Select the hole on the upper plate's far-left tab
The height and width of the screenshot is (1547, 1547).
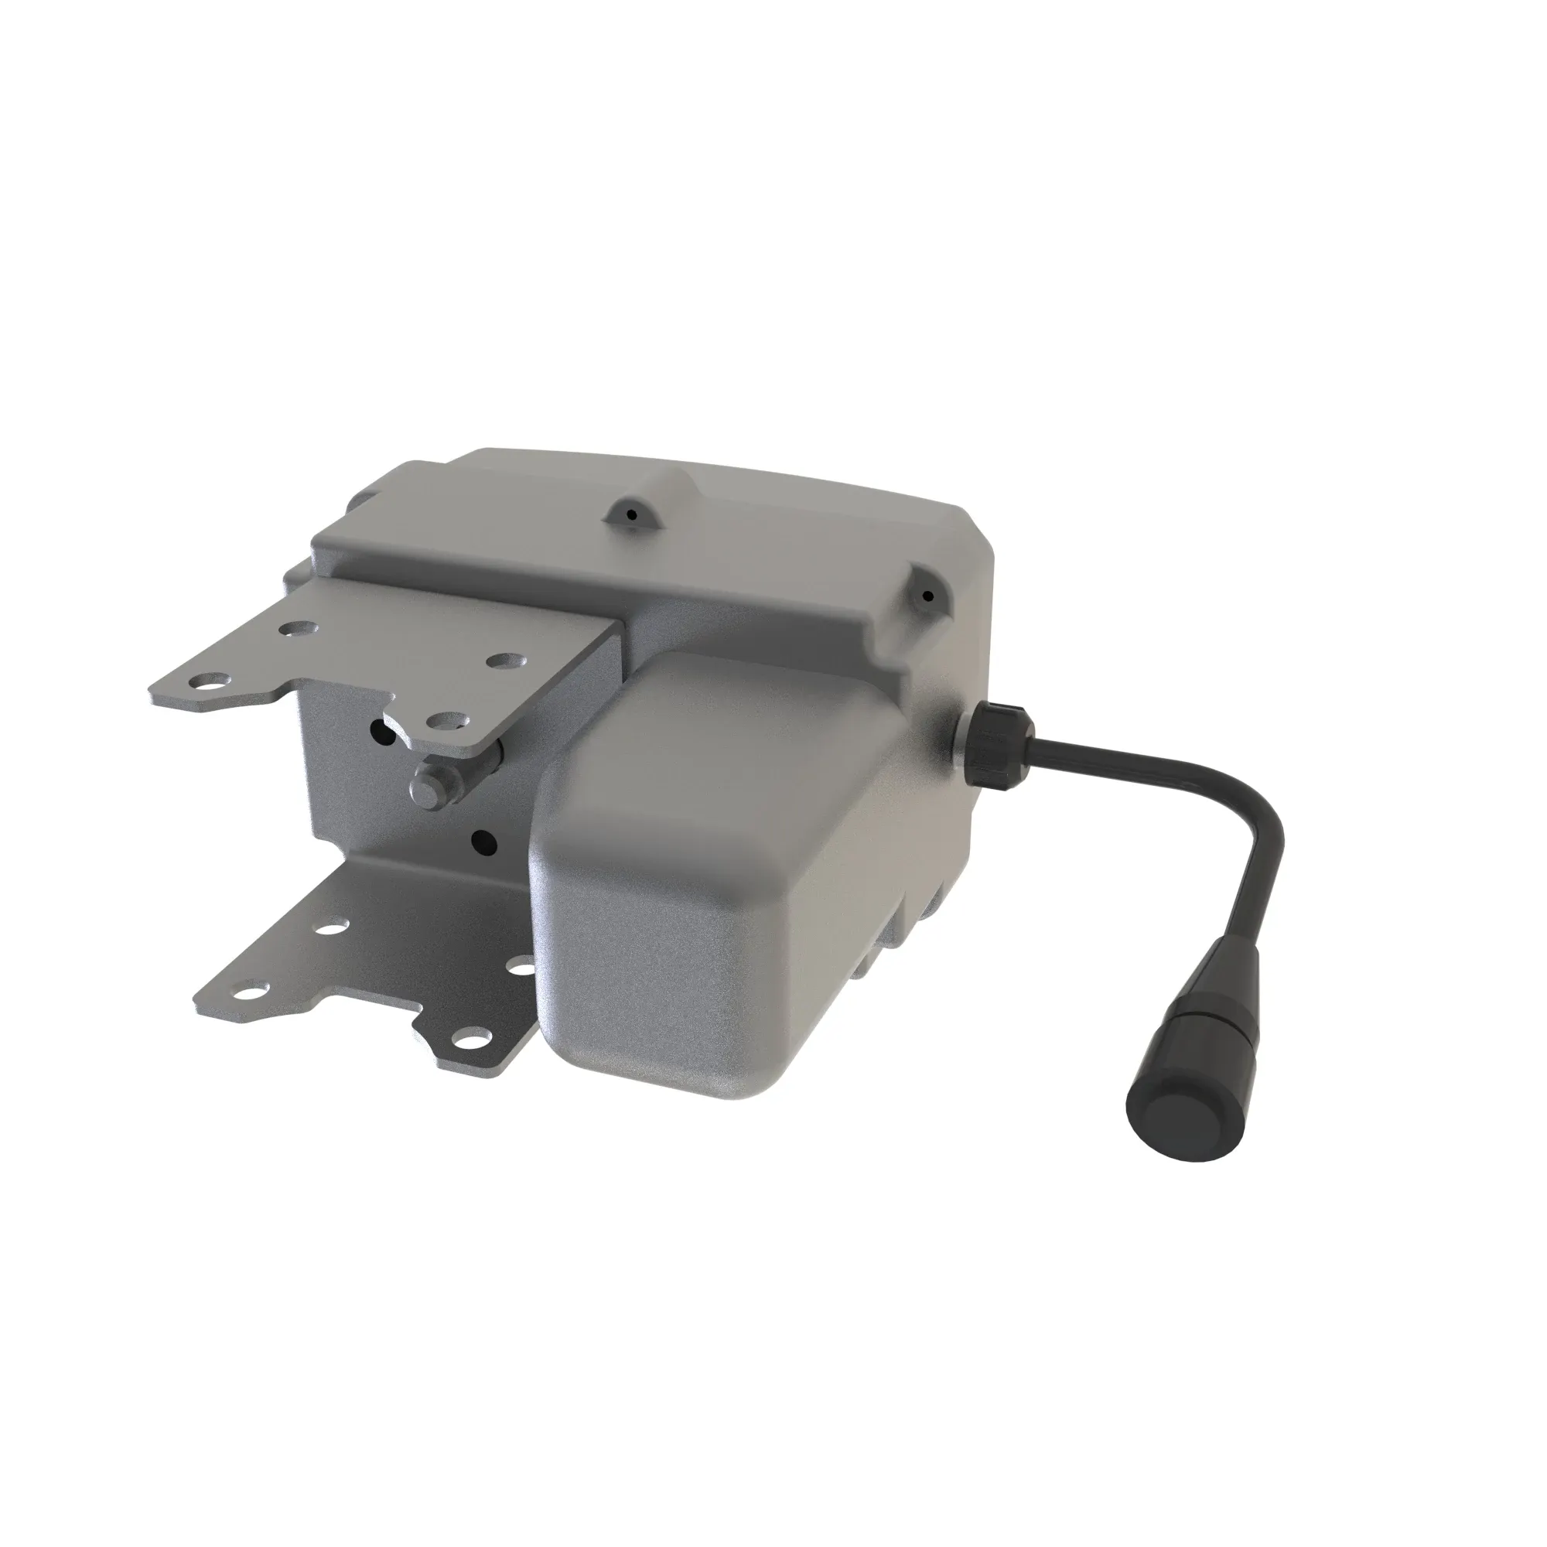pos(210,682)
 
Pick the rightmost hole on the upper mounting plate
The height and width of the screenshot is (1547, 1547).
pos(503,661)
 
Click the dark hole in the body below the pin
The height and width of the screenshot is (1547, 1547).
pos(483,840)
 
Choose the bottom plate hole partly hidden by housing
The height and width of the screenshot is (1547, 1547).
pos(525,968)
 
